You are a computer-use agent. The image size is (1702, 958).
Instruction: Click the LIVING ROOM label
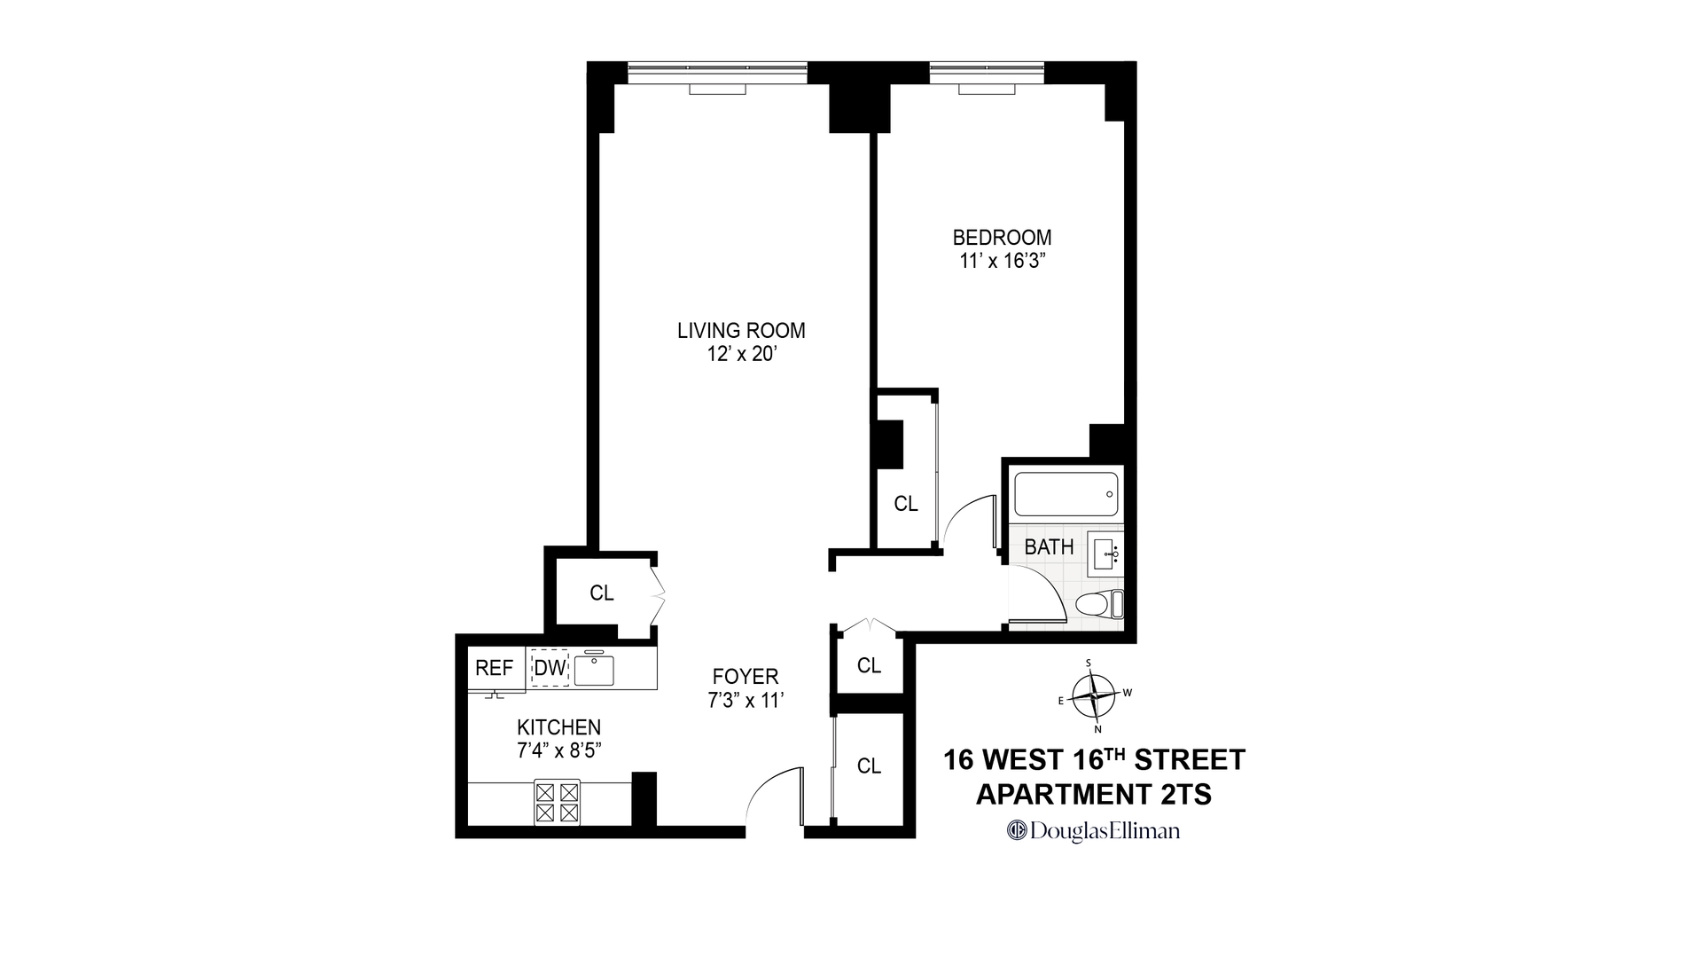click(x=741, y=331)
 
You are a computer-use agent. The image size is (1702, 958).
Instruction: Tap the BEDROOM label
click(x=1002, y=238)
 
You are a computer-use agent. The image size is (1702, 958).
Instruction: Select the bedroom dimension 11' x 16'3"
click(x=1002, y=262)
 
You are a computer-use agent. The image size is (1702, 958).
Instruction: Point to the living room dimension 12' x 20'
click(x=741, y=355)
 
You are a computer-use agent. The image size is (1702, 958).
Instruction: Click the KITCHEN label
click(x=559, y=727)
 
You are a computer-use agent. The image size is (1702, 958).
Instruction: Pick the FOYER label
click(x=745, y=677)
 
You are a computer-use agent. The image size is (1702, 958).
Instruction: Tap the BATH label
click(x=1049, y=547)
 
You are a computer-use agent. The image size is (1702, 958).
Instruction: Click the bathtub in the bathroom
click(x=1066, y=494)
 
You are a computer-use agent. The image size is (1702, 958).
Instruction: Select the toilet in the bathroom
click(x=1099, y=605)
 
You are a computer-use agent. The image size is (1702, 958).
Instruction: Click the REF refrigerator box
click(x=495, y=669)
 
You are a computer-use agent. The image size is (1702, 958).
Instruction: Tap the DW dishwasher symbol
click(x=550, y=669)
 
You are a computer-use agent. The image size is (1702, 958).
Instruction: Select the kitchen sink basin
click(x=593, y=670)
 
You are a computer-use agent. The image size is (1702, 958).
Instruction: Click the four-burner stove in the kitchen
click(x=557, y=802)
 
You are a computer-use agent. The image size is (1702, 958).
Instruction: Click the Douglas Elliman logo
click(x=1094, y=831)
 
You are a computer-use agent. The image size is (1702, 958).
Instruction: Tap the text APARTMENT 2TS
click(x=1094, y=795)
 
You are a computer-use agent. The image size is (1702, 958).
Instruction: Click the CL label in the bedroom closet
click(x=905, y=504)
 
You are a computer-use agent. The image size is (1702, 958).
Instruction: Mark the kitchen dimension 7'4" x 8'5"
click(x=559, y=750)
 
